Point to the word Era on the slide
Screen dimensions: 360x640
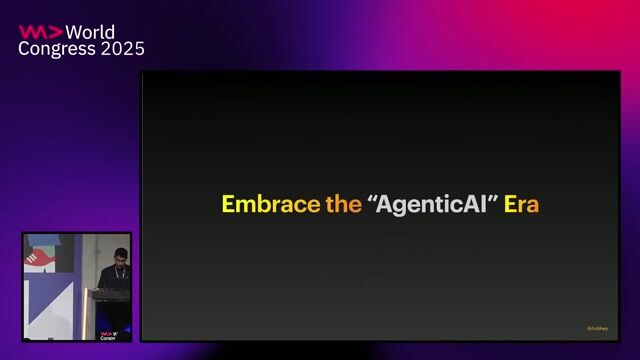[x=522, y=204]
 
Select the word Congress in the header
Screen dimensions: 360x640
[x=55, y=49]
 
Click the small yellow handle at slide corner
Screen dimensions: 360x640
[x=597, y=328]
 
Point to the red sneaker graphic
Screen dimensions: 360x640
[x=41, y=258]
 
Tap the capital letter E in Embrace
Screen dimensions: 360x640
[x=228, y=204]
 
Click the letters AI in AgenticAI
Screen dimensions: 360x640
[x=473, y=204]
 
